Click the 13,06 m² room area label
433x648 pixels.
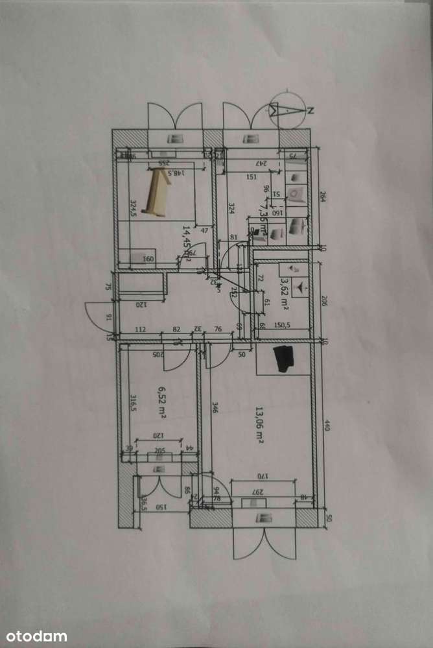coord(259,425)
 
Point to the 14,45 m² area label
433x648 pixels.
coord(187,243)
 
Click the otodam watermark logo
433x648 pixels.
coord(34,636)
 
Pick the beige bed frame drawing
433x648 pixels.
coord(156,192)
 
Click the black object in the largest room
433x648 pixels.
coord(283,359)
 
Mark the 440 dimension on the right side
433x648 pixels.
coord(327,426)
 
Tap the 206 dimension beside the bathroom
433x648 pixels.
coord(323,300)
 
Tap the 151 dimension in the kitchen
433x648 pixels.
coord(252,176)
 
